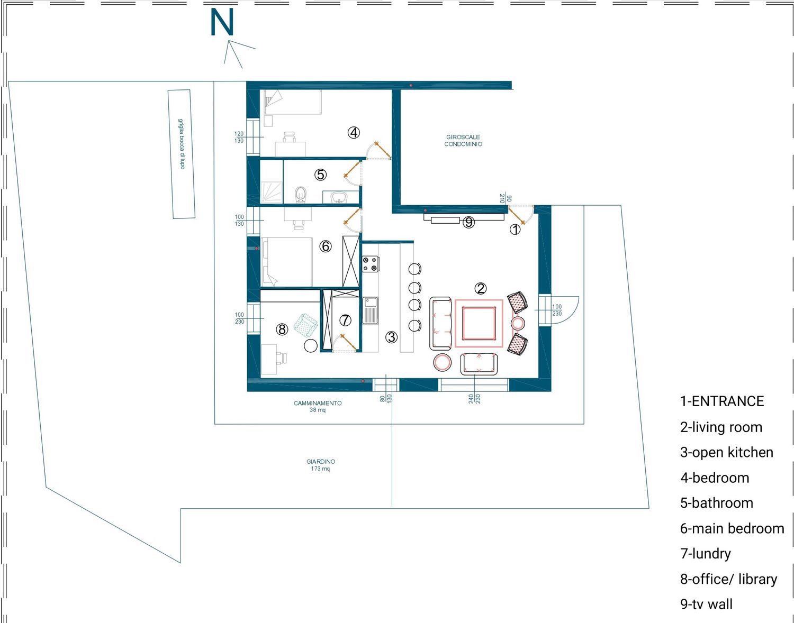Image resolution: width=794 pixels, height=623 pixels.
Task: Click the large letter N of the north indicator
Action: coord(222,23)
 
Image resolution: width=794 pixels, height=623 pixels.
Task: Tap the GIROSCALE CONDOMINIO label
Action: coord(463,141)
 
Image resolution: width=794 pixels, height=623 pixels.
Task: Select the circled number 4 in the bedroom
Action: coord(354,133)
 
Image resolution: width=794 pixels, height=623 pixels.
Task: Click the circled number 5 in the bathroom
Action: coord(320,175)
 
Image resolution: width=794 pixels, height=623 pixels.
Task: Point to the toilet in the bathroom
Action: coord(300,195)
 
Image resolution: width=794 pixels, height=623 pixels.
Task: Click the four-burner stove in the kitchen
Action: coord(370,264)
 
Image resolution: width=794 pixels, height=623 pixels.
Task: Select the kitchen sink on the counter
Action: coord(370,310)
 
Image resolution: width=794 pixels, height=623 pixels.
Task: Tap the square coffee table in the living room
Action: coord(479,323)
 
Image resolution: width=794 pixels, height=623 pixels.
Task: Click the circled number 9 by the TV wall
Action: coord(468,222)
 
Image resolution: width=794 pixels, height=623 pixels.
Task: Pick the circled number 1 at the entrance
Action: coord(515,229)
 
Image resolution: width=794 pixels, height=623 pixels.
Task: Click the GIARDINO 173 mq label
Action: coord(320,465)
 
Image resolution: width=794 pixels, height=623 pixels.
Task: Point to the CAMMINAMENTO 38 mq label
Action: coord(318,406)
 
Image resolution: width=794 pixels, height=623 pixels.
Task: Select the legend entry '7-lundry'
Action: coord(705,554)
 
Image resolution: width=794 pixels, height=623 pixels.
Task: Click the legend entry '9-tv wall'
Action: coord(706,604)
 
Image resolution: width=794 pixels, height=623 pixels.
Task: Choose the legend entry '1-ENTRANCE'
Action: coord(721,401)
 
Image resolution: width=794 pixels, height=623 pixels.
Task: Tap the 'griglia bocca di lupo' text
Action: coord(182,144)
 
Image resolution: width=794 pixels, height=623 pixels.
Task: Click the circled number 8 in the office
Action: coord(282,329)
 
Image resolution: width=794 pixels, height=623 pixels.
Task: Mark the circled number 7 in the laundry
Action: coord(345,320)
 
